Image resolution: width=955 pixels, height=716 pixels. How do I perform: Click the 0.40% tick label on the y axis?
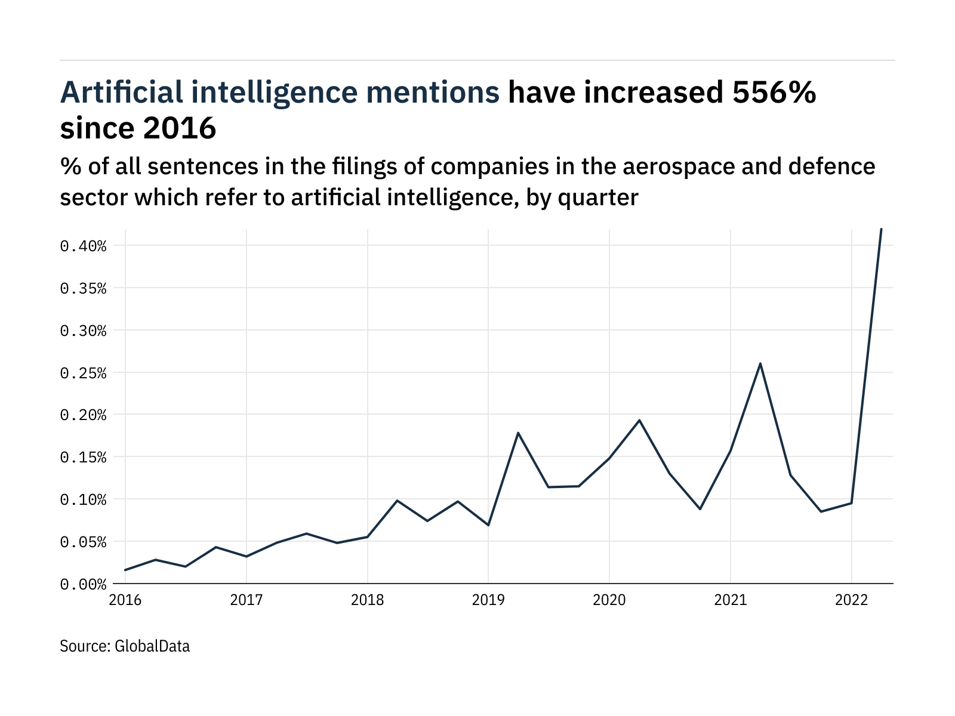83,246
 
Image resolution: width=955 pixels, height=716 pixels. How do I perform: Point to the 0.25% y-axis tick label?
83,373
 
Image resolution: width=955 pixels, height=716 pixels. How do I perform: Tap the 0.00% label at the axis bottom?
83,584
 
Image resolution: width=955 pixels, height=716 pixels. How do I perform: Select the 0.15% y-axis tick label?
83,458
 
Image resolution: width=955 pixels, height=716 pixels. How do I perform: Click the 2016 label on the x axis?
125,600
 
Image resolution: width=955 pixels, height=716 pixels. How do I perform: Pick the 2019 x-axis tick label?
488,600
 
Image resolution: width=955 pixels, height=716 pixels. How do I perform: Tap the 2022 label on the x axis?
851,600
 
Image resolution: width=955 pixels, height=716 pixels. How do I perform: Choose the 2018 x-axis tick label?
367,600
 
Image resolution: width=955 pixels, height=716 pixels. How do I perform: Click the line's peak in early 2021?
760,363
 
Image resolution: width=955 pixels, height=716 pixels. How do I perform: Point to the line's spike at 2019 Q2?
518,433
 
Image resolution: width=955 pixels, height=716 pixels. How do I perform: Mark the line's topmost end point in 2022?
881,229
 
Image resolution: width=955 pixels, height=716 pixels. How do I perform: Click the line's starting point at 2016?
125,570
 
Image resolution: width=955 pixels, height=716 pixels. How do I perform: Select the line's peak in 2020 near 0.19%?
639,420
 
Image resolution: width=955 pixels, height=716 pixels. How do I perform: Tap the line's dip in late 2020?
700,509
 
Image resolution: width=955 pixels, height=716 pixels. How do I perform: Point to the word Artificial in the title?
122,93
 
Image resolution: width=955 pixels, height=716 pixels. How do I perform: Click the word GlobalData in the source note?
152,646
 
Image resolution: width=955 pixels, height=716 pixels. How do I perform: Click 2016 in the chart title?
179,128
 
